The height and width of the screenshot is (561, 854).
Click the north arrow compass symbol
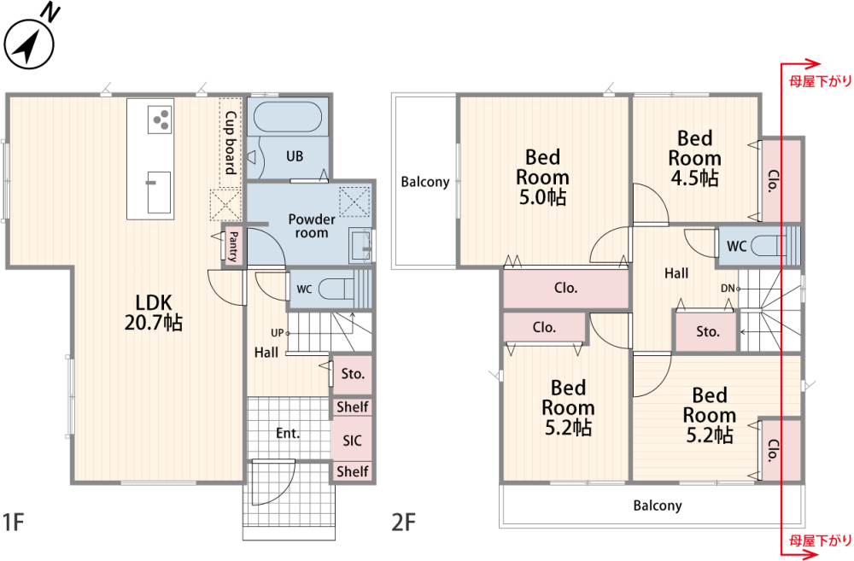tap(29, 44)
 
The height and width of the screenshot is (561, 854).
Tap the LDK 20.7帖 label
tap(154, 313)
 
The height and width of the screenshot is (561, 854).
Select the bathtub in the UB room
tap(288, 117)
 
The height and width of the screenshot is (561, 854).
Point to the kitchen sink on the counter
tap(159, 192)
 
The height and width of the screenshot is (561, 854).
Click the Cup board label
tap(231, 143)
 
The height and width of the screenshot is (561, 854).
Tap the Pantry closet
tap(233, 246)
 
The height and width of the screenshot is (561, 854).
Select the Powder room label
tap(312, 226)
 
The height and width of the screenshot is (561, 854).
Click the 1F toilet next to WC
tap(336, 289)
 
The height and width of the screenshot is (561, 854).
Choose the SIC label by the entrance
tap(353, 440)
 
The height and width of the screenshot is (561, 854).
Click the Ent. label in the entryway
tap(288, 434)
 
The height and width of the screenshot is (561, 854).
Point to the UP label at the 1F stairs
tap(278, 333)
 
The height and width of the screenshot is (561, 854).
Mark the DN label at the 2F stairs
tap(728, 289)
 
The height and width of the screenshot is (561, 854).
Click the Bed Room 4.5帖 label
tap(694, 158)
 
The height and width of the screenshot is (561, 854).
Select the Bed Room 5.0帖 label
tap(542, 177)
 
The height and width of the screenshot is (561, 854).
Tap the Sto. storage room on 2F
tap(707, 331)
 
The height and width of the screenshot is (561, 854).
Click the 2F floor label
tap(404, 523)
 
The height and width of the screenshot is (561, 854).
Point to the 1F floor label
tap(13, 522)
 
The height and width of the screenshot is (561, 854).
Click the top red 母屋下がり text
tap(820, 82)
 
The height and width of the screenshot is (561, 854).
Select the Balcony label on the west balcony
tap(425, 181)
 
